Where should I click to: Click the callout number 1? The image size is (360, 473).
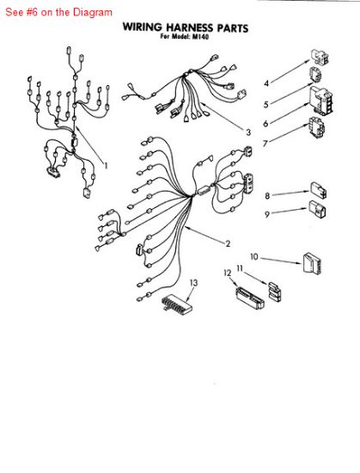pos(106,165)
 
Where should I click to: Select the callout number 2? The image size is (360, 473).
pos(228,243)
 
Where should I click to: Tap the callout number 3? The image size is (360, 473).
pos(248,132)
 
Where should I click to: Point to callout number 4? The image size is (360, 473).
pos(266,83)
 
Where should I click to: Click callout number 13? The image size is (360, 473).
pos(194,283)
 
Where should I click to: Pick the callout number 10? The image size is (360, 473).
pos(254,257)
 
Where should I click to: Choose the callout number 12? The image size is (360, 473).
pos(228,273)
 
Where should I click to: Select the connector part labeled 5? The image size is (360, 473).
pos(315,75)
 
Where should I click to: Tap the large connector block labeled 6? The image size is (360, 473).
pos(321,101)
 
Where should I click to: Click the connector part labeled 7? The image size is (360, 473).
pos(316,127)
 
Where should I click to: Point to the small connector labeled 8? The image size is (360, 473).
pos(319,190)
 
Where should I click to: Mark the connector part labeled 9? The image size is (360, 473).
pos(317,208)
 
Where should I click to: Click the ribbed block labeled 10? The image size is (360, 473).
pos(312,263)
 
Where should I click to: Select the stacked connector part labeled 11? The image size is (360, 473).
pos(274,292)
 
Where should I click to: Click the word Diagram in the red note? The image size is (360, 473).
pos(93,12)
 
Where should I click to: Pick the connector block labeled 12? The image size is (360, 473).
pos(250,298)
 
